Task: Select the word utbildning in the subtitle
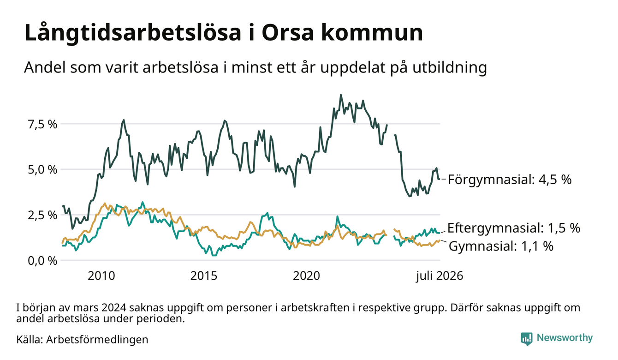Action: pyautogui.click(x=449, y=68)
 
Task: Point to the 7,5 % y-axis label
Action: pyautogui.click(x=42, y=125)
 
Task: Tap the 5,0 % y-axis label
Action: pyautogui.click(x=42, y=169)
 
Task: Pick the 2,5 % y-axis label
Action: pyautogui.click(x=42, y=215)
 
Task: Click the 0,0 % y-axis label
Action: pyautogui.click(x=42, y=261)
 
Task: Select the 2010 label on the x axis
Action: pyautogui.click(x=101, y=276)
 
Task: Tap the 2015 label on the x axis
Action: pyautogui.click(x=204, y=276)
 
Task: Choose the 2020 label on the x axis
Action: pyautogui.click(x=306, y=276)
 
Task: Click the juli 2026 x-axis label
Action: pyautogui.click(x=440, y=276)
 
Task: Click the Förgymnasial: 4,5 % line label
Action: pyautogui.click(x=510, y=180)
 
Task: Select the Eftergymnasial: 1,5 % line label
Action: pyautogui.click(x=513, y=228)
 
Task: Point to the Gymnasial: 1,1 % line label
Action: pyautogui.click(x=501, y=246)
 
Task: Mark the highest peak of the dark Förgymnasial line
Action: pyautogui.click(x=341, y=95)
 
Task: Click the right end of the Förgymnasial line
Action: pyautogui.click(x=439, y=179)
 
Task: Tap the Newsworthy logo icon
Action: pyautogui.click(x=526, y=339)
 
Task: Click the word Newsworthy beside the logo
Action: pyautogui.click(x=565, y=338)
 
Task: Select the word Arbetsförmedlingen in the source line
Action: pyautogui.click(x=97, y=340)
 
